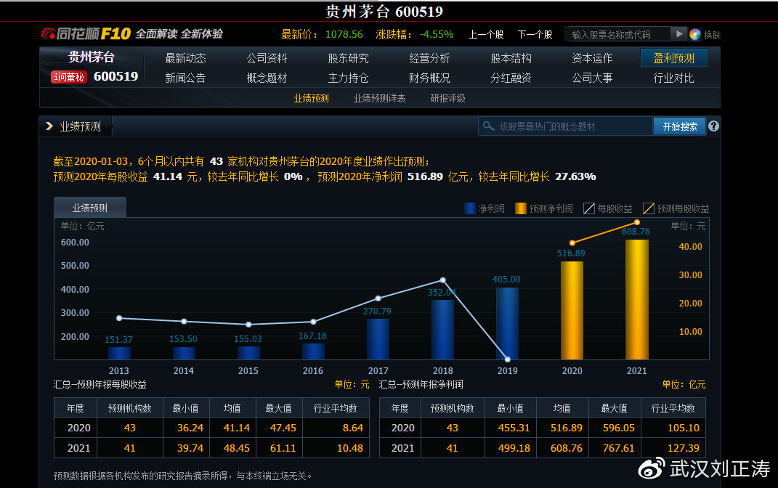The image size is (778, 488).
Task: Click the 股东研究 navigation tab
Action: coord(348,58)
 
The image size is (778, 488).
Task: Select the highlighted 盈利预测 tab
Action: coord(673,58)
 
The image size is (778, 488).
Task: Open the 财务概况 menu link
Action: coord(429,78)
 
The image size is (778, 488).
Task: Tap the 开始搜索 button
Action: coord(679,126)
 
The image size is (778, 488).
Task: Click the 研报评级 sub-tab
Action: coord(447,98)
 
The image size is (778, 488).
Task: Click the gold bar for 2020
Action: coord(572,310)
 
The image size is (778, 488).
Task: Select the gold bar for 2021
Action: coord(636,299)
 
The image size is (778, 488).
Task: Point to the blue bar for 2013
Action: coord(119,353)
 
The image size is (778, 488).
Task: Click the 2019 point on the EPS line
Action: coord(507,359)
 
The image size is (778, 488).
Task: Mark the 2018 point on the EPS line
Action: coord(442,280)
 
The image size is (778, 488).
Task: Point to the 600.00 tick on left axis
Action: coord(74,243)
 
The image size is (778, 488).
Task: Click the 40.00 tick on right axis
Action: coord(690,246)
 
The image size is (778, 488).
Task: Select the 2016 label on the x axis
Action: coord(313,371)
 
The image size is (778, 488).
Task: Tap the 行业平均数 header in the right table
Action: coord(673,408)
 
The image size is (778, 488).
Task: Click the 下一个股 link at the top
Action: coord(535,34)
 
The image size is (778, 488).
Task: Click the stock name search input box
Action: coord(617,34)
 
